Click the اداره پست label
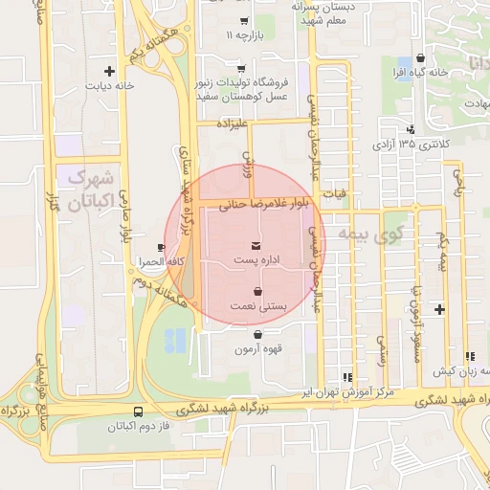(x=256, y=260)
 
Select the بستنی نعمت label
(x=256, y=305)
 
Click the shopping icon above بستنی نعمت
(x=257, y=291)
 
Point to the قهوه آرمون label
(x=257, y=349)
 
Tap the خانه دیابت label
(x=111, y=84)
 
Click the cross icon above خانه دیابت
(x=110, y=70)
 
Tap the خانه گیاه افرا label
(x=420, y=73)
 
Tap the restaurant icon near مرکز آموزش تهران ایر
(x=346, y=378)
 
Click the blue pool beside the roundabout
(x=175, y=338)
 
